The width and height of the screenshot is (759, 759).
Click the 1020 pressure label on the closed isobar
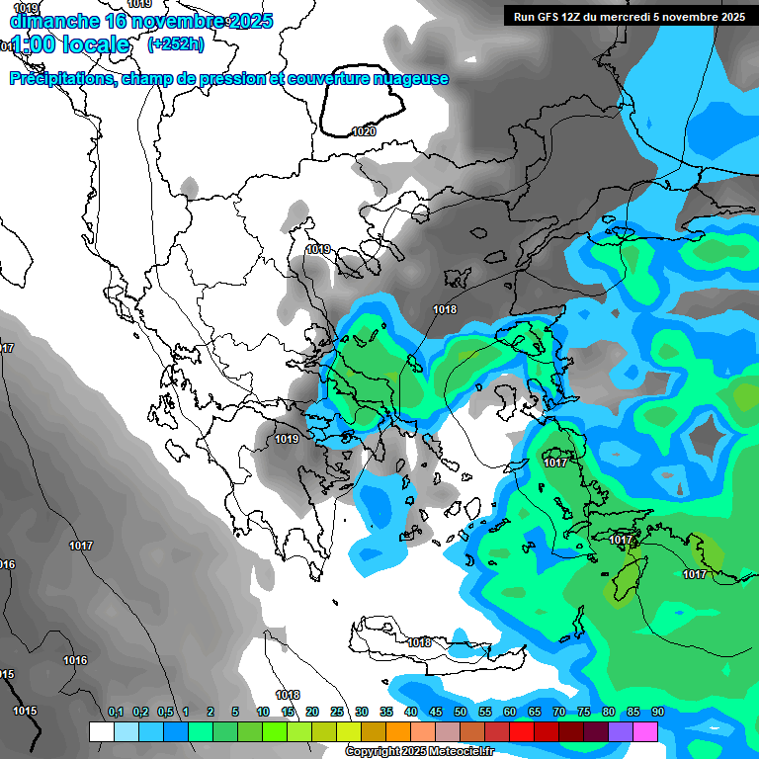[x=364, y=131]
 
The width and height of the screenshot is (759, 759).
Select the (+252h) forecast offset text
[x=175, y=43]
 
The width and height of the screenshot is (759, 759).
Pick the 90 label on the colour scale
[x=657, y=712]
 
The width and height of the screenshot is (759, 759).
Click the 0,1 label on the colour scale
[x=115, y=712]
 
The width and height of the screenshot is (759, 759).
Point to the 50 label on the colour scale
[x=461, y=712]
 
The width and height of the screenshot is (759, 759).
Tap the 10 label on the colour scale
[x=263, y=712]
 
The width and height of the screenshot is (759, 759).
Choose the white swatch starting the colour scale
[x=101, y=731]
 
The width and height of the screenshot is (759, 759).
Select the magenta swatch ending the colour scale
[x=645, y=731]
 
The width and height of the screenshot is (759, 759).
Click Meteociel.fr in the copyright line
[x=460, y=752]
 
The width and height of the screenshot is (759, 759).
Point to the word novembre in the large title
[x=177, y=21]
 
